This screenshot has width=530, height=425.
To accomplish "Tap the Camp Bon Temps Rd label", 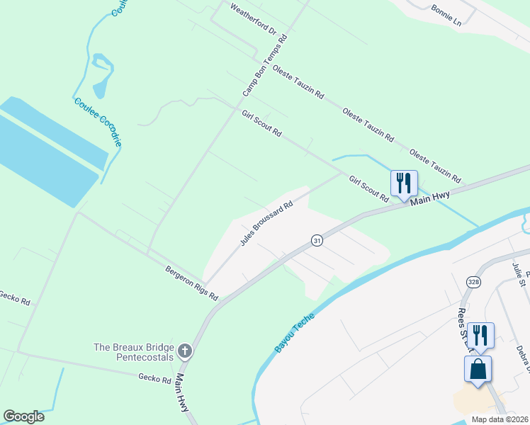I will click(x=264, y=67).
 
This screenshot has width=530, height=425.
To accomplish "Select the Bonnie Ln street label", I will click(x=446, y=16).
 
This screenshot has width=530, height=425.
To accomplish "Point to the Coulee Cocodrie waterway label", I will click(x=98, y=122).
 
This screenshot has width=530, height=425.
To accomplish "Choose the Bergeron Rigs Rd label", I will click(x=191, y=282).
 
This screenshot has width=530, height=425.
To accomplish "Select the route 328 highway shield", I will click(x=473, y=282).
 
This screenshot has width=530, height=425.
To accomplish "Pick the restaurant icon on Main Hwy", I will click(x=403, y=183).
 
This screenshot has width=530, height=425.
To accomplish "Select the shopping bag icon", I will click(x=478, y=369).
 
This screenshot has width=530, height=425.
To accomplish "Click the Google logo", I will click(x=23, y=416).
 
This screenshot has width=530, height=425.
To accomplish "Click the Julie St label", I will click(x=520, y=274).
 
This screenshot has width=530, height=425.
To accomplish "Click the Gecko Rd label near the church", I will click(x=155, y=380).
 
